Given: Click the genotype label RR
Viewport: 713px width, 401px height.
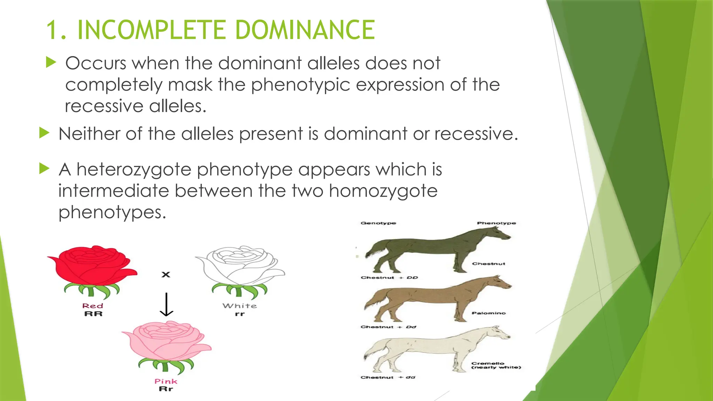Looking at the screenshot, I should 93,314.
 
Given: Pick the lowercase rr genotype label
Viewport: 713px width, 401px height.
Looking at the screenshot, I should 240,314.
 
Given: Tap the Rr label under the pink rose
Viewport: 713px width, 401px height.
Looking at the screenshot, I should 166,389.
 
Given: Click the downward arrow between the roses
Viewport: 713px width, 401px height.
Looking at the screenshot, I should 166,304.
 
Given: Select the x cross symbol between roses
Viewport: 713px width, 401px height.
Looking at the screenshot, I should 166,275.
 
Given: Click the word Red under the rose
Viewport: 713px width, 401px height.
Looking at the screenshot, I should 93,306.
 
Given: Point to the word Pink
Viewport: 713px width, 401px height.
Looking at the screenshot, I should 166,381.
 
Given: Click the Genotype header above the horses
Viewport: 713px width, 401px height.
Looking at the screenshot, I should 378,223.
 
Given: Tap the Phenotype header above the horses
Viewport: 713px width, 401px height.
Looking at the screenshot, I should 496,223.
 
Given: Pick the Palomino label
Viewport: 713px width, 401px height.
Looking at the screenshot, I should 488,313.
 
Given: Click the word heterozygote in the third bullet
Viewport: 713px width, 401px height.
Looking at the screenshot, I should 134,170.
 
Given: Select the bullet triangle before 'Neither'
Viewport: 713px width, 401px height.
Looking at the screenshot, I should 44,133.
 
